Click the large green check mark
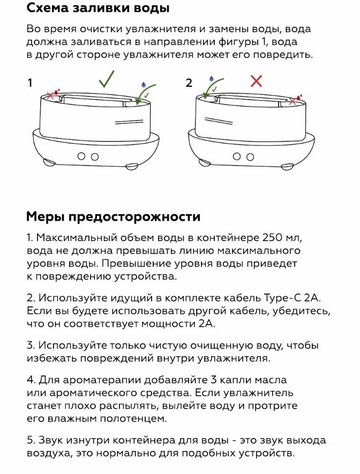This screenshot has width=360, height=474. (106, 80)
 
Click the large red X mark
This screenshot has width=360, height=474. (257, 81)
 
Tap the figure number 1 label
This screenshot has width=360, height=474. (30, 83)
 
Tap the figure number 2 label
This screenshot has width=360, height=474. (189, 83)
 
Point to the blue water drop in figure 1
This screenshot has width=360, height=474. (143, 85)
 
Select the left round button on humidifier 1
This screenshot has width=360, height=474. (81, 156)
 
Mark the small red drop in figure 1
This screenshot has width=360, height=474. (57, 92)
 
